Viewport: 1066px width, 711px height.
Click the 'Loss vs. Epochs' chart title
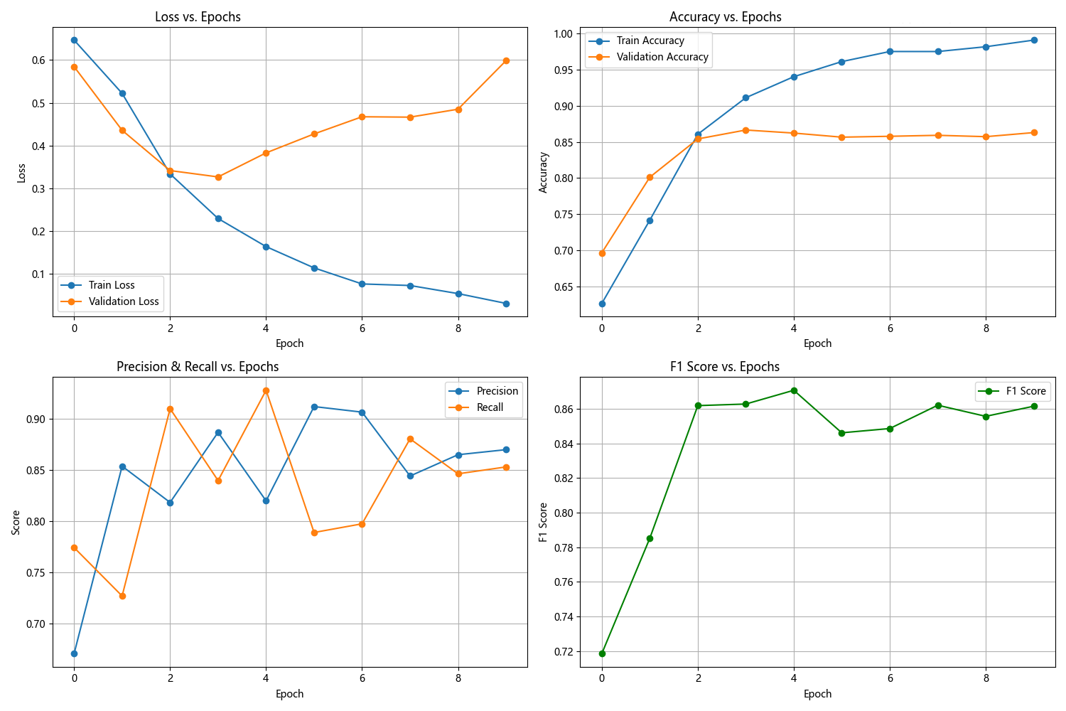(x=198, y=17)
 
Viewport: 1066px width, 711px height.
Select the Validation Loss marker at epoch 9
(x=506, y=61)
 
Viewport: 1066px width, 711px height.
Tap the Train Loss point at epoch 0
(x=74, y=41)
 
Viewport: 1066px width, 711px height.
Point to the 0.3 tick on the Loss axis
(x=37, y=189)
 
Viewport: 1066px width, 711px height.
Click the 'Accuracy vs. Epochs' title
(x=725, y=17)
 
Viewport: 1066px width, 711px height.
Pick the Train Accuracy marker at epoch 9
(x=1034, y=41)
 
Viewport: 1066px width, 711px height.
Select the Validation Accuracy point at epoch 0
(x=602, y=253)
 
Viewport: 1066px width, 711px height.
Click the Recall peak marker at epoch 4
(x=266, y=390)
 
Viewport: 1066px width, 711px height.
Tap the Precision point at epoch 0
(x=74, y=653)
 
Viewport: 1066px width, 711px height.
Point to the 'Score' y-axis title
(x=16, y=522)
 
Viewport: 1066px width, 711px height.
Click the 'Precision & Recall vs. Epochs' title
(x=198, y=367)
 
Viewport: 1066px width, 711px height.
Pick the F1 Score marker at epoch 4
(x=794, y=390)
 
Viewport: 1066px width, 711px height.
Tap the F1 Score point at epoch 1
(x=650, y=538)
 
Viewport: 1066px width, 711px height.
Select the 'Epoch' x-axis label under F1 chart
(x=817, y=694)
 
